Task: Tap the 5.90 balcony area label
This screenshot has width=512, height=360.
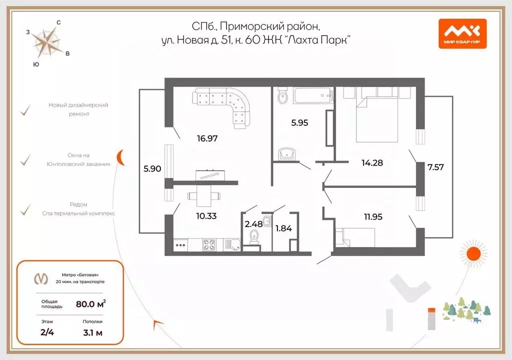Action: (152, 169)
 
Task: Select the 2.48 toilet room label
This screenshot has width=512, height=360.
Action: (253, 223)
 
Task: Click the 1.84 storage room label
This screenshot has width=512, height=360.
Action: (283, 228)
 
